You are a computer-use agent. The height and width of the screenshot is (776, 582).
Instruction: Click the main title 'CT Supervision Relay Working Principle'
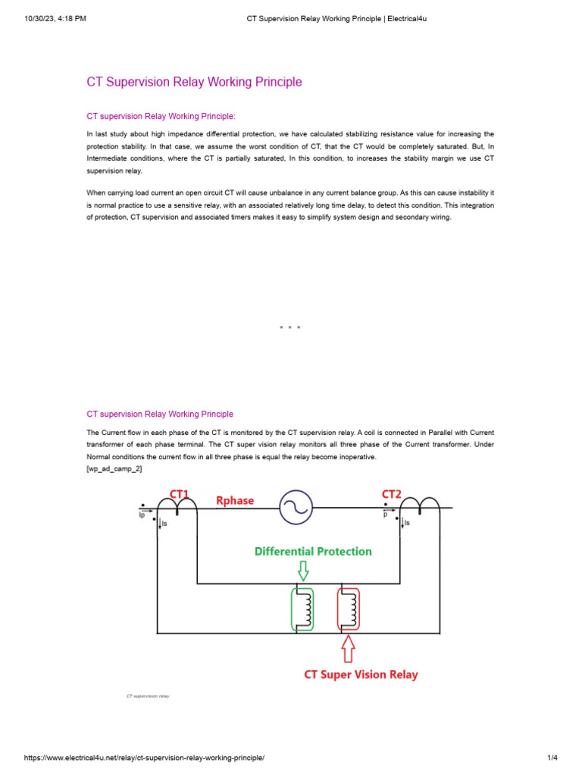[194, 82]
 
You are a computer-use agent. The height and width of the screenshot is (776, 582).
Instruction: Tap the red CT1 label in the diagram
[180, 494]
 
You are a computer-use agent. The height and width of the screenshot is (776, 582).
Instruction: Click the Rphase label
[235, 501]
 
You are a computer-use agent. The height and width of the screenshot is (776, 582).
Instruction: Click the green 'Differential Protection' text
[312, 551]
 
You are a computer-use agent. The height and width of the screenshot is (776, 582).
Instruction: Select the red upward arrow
[348, 649]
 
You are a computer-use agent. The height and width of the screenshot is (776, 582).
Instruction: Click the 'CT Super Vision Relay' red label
[361, 674]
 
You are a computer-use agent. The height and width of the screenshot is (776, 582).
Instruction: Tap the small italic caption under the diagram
[148, 696]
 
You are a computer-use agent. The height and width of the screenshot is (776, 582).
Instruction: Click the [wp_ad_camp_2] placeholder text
[114, 469]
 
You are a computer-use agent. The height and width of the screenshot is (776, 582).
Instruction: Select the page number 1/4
[552, 758]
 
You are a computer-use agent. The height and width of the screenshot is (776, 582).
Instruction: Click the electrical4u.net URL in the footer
[145, 758]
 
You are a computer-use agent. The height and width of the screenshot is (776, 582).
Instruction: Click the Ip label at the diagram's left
[141, 515]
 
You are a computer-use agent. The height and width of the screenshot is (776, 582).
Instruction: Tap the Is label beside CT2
[408, 523]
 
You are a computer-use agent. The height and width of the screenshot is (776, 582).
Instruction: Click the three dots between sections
[290, 327]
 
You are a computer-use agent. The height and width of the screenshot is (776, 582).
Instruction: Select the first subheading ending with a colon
[161, 116]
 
